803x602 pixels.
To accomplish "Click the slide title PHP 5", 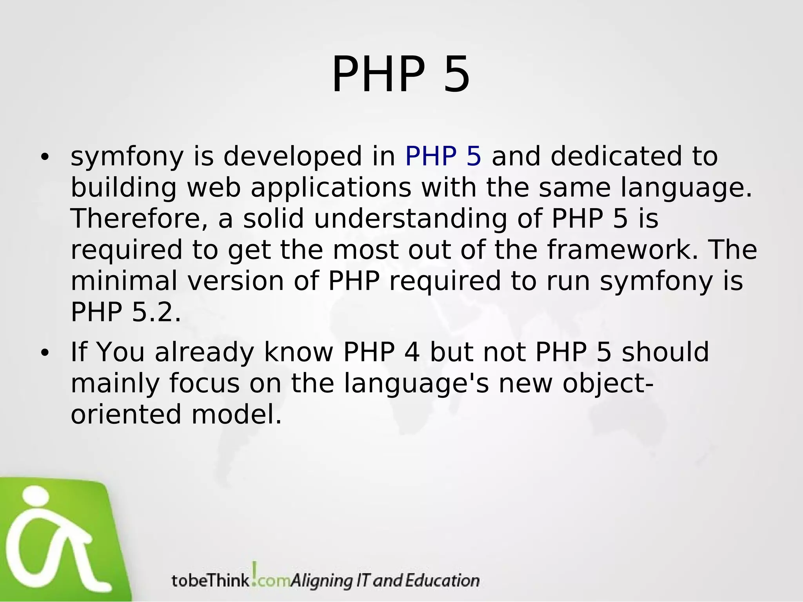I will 401,74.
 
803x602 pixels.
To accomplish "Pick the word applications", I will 331,187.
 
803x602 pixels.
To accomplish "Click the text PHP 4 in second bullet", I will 381,352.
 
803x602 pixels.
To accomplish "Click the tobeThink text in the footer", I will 210,580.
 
